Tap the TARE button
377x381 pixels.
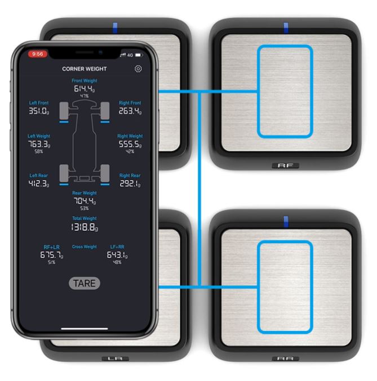85,283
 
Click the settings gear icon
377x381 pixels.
138,69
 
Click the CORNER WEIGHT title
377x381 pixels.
85,69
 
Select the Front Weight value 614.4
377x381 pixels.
84,89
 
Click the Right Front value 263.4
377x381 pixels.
130,111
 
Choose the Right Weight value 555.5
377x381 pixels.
130,145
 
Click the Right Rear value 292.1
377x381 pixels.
130,184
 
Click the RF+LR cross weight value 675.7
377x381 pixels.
51,255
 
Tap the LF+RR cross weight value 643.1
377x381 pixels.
117,255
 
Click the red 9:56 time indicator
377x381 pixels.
38,54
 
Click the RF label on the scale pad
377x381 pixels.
286,166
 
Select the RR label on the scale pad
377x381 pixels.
286,358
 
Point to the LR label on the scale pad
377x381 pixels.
115,358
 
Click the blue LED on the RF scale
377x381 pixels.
286,26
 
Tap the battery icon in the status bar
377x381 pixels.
138,55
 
